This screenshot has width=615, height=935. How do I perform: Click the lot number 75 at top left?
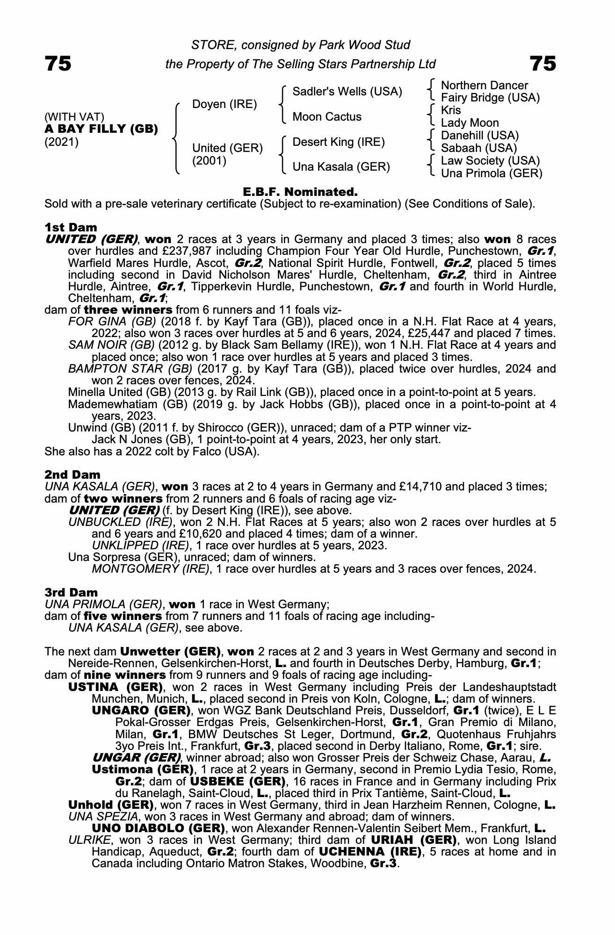pyautogui.click(x=58, y=64)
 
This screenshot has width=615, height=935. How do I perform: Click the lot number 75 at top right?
pyautogui.click(x=543, y=64)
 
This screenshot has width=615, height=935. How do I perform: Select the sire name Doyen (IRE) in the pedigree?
pyautogui.click(x=224, y=104)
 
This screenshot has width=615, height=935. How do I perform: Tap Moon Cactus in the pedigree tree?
pyautogui.click(x=326, y=117)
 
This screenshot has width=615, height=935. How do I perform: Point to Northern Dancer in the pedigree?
pyautogui.click(x=484, y=86)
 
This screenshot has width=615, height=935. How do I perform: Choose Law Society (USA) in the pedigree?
pyautogui.click(x=490, y=161)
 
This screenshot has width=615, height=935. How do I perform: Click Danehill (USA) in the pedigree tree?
pyautogui.click(x=480, y=136)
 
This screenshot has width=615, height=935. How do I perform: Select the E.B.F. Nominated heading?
pyautogui.click(x=300, y=192)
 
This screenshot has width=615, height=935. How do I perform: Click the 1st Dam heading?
pyautogui.click(x=71, y=227)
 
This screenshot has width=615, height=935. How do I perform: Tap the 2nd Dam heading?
pyautogui.click(x=72, y=475)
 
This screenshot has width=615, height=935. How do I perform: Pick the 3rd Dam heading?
pyautogui.click(x=71, y=592)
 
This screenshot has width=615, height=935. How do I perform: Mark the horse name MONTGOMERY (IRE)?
pyautogui.click(x=150, y=569)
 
